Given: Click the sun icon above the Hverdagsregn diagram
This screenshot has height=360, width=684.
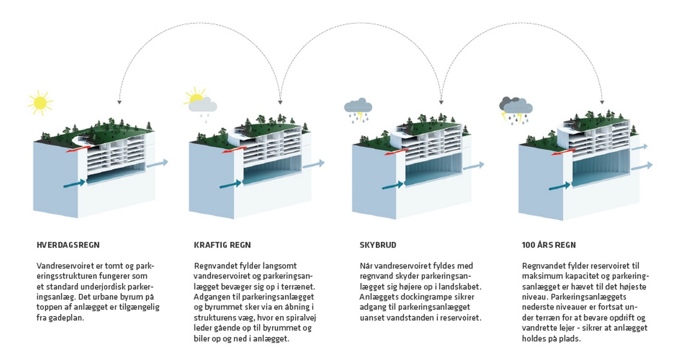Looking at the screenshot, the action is click(40, 103).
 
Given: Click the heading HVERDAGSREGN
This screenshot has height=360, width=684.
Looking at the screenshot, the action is click(68, 245).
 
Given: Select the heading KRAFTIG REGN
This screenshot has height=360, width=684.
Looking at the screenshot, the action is click(222, 245).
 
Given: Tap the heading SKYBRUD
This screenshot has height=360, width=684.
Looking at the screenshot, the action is click(378, 245).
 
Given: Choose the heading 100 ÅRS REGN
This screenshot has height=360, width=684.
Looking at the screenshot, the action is click(549, 245).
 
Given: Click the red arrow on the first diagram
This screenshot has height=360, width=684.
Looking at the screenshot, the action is click(78, 149).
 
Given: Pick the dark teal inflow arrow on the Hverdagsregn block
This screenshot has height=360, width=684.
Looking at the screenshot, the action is click(74, 184).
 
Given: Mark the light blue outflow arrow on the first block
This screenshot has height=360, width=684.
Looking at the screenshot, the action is click(157, 163).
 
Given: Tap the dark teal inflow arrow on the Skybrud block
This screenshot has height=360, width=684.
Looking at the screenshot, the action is click(393, 185).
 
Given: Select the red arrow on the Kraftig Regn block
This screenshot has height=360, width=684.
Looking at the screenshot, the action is click(234, 150).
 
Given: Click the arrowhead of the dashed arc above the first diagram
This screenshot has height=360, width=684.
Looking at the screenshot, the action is click(119, 102).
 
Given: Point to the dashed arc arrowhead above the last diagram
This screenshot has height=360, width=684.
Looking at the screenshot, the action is click(602, 102).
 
